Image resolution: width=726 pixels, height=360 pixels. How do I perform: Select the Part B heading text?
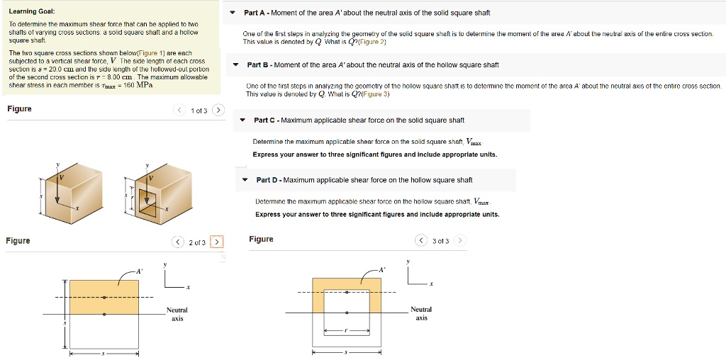click(372, 65)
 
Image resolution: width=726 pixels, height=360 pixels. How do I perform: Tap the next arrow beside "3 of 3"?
click(460, 241)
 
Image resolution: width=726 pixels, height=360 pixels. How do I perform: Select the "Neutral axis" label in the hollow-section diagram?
click(421, 313)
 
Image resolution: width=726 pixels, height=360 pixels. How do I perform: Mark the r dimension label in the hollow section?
click(347, 330)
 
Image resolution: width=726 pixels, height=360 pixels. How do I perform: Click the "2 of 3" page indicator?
click(197, 242)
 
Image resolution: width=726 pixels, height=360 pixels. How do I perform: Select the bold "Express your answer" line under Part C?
click(374, 154)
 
